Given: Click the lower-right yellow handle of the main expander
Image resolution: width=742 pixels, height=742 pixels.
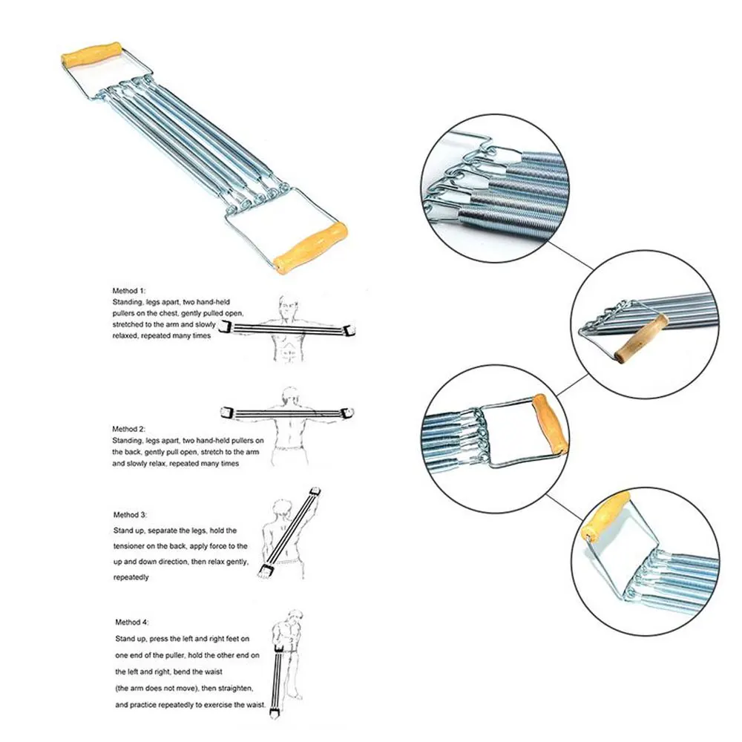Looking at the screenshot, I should pos(310,246).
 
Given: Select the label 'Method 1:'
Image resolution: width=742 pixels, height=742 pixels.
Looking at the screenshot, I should pos(130,289).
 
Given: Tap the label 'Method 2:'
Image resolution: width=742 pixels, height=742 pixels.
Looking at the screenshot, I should pos(130,429).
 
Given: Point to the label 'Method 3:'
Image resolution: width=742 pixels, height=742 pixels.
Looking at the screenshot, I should pos(130,514).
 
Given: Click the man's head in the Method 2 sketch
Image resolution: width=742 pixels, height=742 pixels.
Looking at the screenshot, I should pos(290,395).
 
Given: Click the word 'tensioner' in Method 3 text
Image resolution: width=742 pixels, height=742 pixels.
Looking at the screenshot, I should pos(133,546).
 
